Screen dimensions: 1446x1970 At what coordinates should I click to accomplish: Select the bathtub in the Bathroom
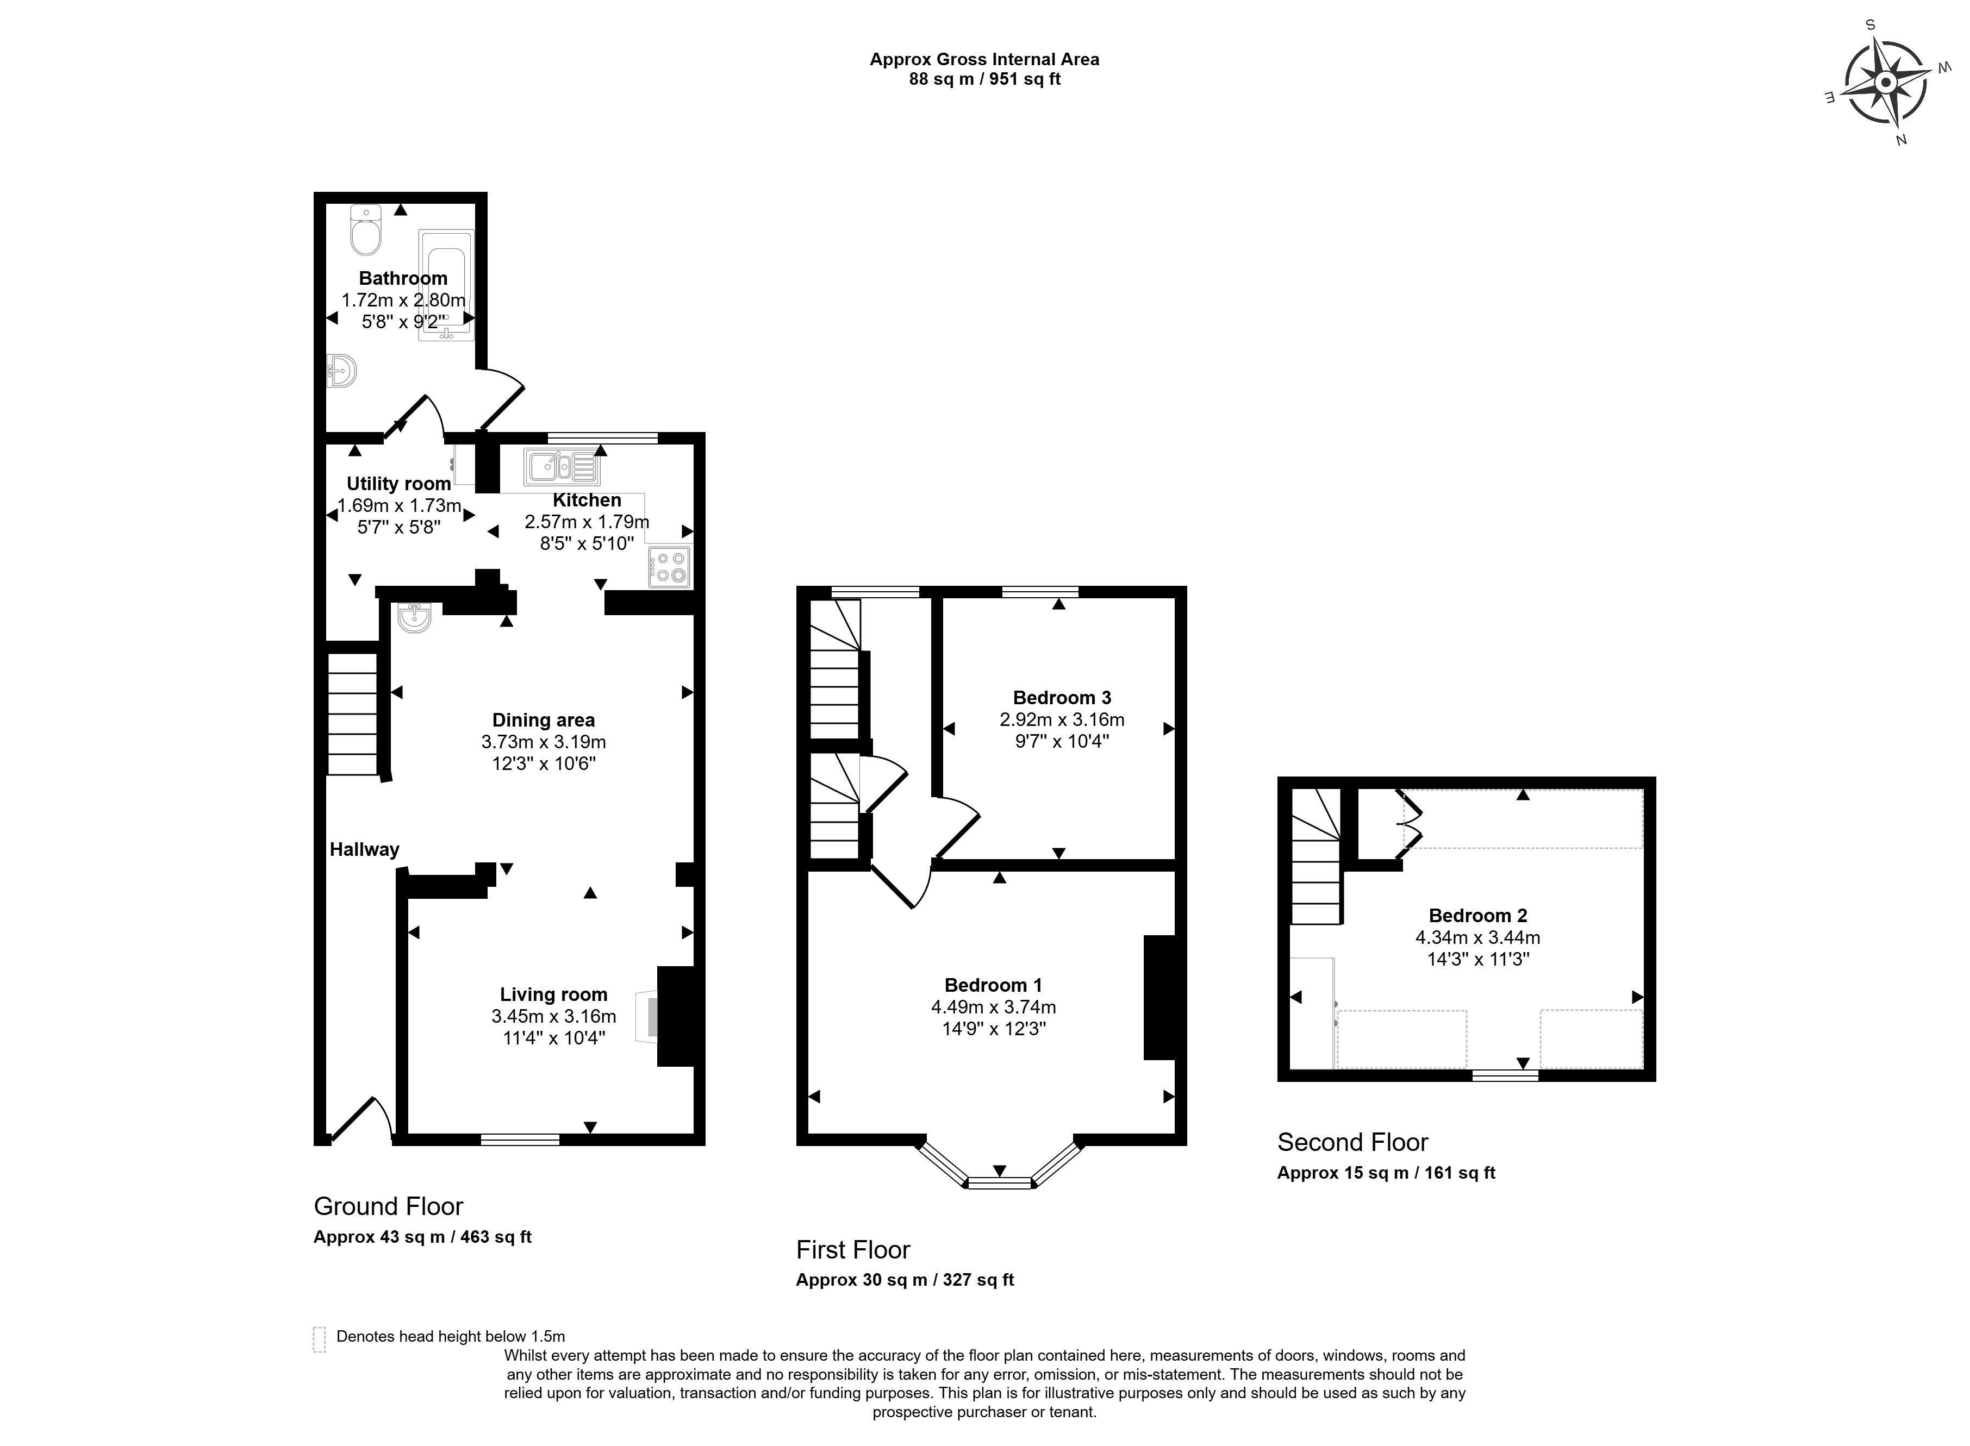pos(446,285)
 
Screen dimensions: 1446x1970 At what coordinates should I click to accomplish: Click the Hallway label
pos(364,849)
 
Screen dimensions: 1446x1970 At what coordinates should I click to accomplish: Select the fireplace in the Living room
pos(678,1015)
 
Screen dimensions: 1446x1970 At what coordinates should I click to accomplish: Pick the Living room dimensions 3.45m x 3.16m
pos(553,1016)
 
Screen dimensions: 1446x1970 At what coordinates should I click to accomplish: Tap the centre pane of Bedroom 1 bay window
pos(999,1184)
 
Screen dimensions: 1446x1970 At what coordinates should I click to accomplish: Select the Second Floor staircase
pos(1315,858)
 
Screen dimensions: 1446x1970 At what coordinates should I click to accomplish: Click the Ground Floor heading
pos(388,1206)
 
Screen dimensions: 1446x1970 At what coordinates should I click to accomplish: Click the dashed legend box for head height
pos(319,1339)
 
